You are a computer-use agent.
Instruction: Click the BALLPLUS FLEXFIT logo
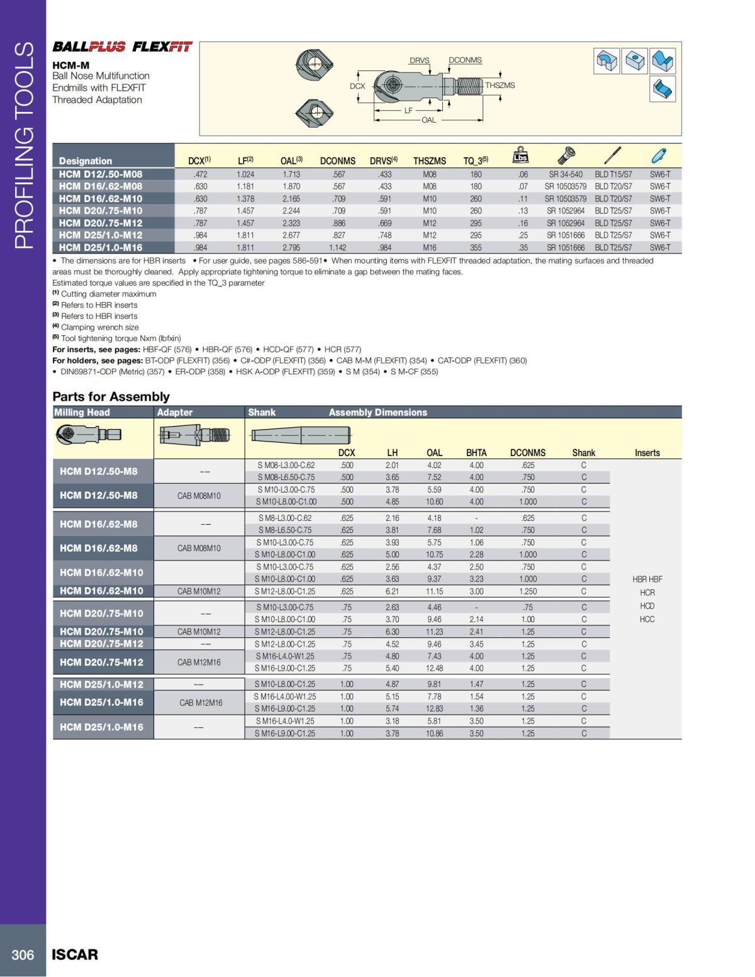pyautogui.click(x=122, y=47)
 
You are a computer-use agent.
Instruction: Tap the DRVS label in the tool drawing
pyautogui.click(x=419, y=61)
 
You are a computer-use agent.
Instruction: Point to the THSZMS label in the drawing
pyautogui.click(x=500, y=86)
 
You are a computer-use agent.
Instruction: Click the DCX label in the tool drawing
pyautogui.click(x=357, y=86)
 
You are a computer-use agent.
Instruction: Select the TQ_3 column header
pyautogui.click(x=476, y=161)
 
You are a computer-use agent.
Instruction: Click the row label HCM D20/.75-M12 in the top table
pyautogui.click(x=101, y=223)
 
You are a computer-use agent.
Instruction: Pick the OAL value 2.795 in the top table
pyautogui.click(x=291, y=248)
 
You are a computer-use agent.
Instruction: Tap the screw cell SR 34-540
pyautogui.click(x=566, y=174)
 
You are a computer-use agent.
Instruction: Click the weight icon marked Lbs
pyautogui.click(x=521, y=155)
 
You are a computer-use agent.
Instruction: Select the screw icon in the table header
pyautogui.click(x=566, y=154)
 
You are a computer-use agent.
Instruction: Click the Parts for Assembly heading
pyautogui.click(x=111, y=397)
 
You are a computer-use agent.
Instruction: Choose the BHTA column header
pyautogui.click(x=476, y=453)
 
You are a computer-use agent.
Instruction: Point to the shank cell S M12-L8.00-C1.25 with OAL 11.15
pyautogui.click(x=285, y=591)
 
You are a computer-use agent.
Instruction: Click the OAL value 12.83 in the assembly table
pyautogui.click(x=434, y=709)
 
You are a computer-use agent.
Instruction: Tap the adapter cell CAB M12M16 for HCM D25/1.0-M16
pyautogui.click(x=201, y=703)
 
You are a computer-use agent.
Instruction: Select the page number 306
pyautogui.click(x=23, y=955)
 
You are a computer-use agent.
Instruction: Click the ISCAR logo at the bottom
pyautogui.click(x=75, y=955)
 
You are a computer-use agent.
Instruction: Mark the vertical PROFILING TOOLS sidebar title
pyautogui.click(x=23, y=145)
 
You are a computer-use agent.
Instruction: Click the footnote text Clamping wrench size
pyautogui.click(x=99, y=327)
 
